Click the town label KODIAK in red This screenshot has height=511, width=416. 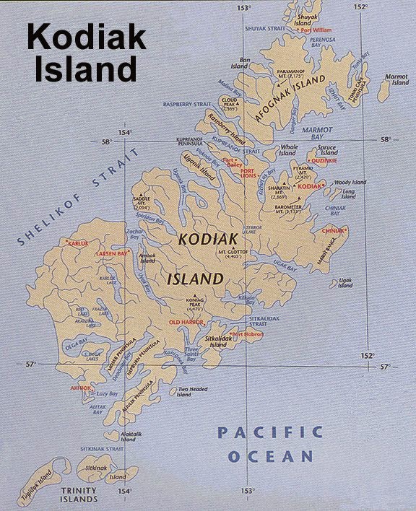pyautogui.click(x=308, y=186)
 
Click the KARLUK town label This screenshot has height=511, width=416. pyautogui.click(x=77, y=244)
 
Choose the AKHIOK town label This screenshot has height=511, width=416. pyautogui.click(x=80, y=388)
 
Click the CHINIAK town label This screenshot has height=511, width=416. pyautogui.click(x=334, y=231)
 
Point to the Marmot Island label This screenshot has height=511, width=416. pyautogui.click(x=396, y=79)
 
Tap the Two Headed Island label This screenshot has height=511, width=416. pyautogui.click(x=183, y=393)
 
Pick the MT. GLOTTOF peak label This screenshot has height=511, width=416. pyautogui.click(x=233, y=253)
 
